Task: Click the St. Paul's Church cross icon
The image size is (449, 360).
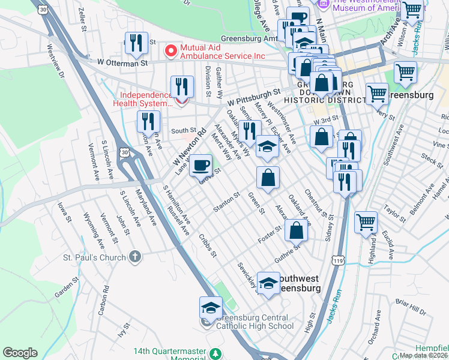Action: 136,257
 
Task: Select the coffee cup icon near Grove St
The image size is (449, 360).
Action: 201,164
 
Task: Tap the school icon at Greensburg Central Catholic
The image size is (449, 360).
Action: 211,307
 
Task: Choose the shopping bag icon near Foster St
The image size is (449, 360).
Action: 296,229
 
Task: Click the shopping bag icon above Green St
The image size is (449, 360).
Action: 268,177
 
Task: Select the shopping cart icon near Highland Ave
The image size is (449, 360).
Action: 366,222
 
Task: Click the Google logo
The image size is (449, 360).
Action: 20,353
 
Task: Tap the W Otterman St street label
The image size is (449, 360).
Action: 122,62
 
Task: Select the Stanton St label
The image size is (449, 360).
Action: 226,202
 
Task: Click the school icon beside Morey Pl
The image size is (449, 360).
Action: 267,147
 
